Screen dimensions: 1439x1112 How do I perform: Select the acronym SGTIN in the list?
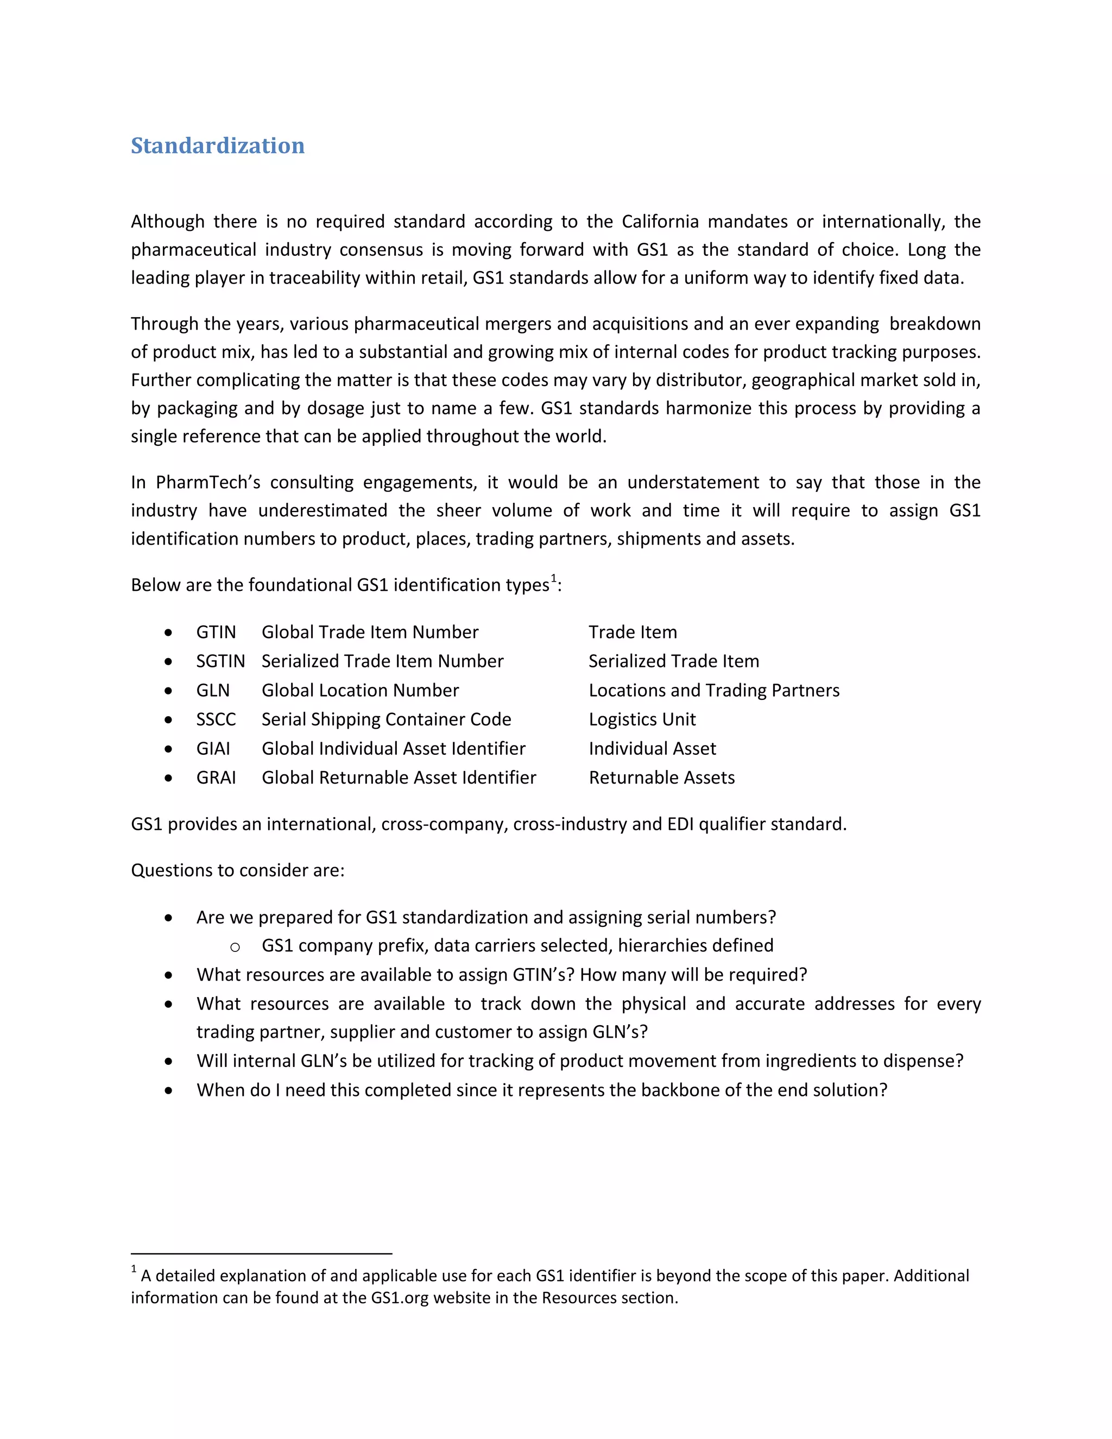pyautogui.click(x=220, y=661)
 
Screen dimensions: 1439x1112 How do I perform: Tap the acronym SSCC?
pyautogui.click(x=216, y=719)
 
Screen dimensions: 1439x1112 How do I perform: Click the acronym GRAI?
pyautogui.click(x=216, y=778)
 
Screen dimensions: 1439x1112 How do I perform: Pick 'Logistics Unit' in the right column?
pyautogui.click(x=642, y=719)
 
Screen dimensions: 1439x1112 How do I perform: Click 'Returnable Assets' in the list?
pyautogui.click(x=661, y=778)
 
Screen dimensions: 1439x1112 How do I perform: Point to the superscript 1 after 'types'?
pyautogui.click(x=554, y=578)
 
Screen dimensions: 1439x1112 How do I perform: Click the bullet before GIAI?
pyautogui.click(x=169, y=749)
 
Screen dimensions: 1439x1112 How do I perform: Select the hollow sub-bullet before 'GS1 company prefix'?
pyautogui.click(x=235, y=948)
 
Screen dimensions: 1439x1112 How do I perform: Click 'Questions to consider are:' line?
pyautogui.click(x=237, y=870)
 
